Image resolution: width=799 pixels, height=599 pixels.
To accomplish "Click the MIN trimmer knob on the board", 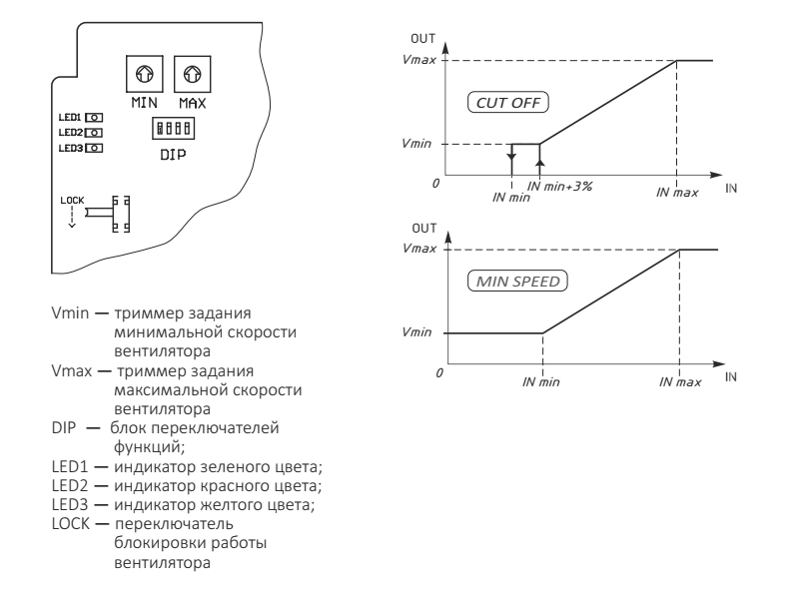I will coord(144,73).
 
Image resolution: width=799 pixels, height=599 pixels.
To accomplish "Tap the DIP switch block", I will coord(168,130).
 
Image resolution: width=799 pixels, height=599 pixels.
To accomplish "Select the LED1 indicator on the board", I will coord(95,117).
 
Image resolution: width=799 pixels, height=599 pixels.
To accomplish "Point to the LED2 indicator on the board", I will coord(95,132).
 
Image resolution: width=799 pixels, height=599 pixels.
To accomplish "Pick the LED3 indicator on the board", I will coord(95,147).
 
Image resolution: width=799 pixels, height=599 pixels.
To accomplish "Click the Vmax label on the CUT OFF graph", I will coord(408,62).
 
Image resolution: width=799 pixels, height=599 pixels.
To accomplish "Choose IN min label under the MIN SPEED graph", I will coord(540,383).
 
